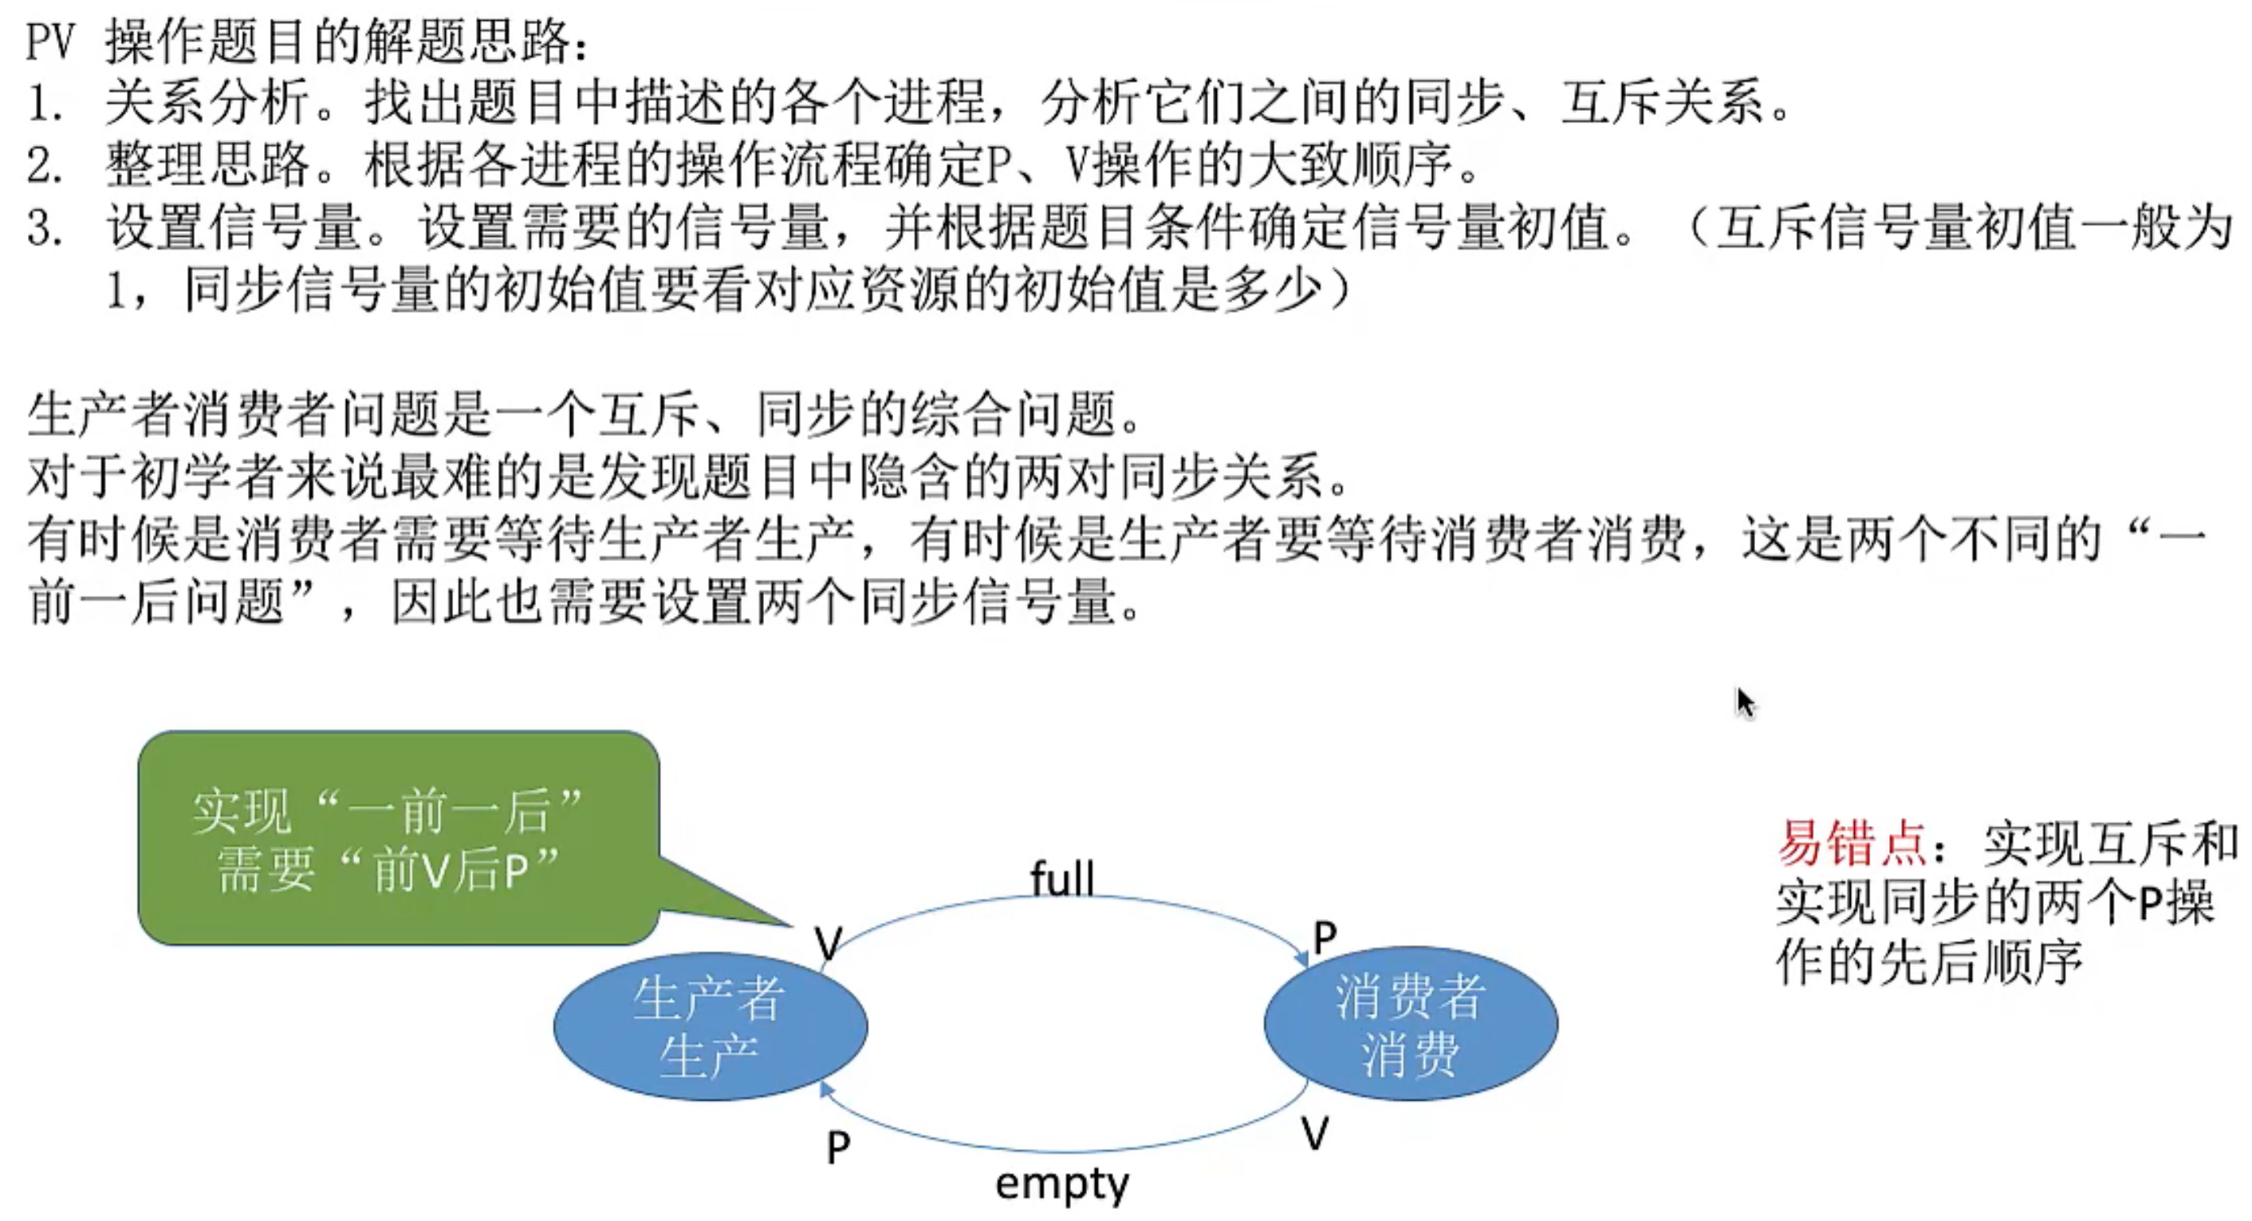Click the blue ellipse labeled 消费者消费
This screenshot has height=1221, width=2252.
pyautogui.click(x=1410, y=1023)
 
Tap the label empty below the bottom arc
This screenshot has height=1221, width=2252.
pyautogui.click(x=1062, y=1184)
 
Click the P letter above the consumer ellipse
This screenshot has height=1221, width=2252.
pyautogui.click(x=1325, y=938)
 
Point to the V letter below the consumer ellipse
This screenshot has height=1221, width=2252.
pyautogui.click(x=1315, y=1133)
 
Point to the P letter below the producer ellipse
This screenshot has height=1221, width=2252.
pyautogui.click(x=837, y=1147)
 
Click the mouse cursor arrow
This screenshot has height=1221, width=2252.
pyautogui.click(x=1745, y=702)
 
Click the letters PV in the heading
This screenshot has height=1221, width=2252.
pyautogui.click(x=52, y=42)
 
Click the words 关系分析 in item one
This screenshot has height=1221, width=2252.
pyautogui.click(x=207, y=102)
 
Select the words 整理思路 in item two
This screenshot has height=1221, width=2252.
pyautogui.click(x=207, y=164)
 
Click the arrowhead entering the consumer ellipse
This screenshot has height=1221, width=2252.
pyautogui.click(x=1301, y=958)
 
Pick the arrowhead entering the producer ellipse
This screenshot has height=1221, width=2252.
pyautogui.click(x=825, y=1089)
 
